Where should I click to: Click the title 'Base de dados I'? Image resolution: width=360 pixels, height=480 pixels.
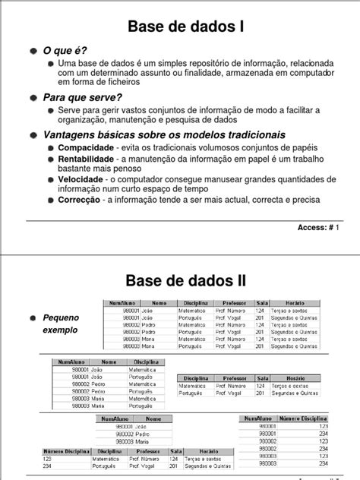tap(179, 27)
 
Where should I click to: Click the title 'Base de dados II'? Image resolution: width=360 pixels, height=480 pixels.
tap(179, 280)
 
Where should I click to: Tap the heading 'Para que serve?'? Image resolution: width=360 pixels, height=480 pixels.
tap(84, 97)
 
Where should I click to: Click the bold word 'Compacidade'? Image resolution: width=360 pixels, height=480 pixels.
tap(87, 147)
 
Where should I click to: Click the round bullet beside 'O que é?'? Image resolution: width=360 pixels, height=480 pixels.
tap(34, 50)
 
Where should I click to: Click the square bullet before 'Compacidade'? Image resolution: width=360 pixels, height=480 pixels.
tap(52, 147)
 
